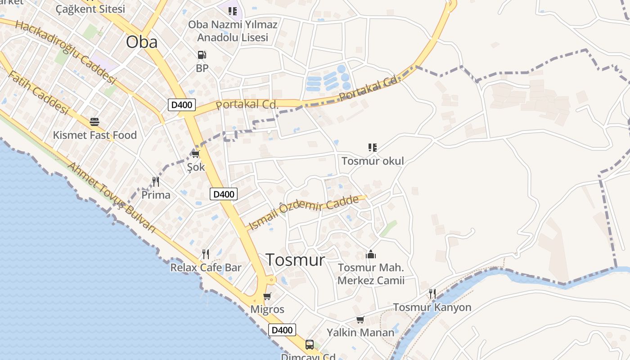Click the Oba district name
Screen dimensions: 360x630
[142, 42]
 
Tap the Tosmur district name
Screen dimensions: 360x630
[295, 260]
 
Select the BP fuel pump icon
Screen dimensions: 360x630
[202, 55]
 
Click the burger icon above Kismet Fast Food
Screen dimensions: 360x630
[94, 122]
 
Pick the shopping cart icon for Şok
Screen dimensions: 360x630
[195, 154]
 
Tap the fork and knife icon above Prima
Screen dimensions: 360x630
[156, 182]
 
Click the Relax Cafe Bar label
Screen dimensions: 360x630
[206, 268]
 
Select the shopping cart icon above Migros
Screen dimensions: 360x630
[267, 297]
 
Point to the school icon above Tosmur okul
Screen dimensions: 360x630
[372, 148]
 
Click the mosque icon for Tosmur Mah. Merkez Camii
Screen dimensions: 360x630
[371, 255]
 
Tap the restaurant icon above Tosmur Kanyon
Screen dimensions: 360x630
[432, 294]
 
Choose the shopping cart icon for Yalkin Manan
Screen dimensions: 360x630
[360, 320]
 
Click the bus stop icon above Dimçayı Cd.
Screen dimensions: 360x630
[310, 345]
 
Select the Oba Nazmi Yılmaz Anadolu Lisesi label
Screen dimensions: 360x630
[233, 31]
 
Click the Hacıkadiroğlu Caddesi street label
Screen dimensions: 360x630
[65, 51]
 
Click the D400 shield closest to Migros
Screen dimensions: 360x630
[283, 330]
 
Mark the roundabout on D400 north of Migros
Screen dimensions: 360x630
[271, 279]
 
